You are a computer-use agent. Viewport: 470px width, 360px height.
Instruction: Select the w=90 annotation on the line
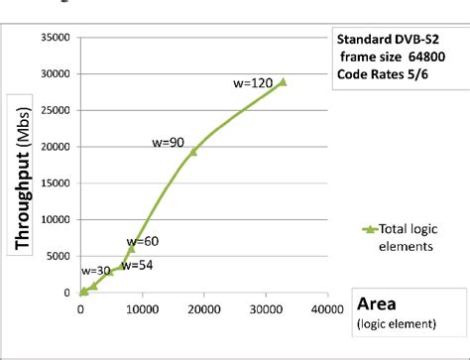click(x=171, y=143)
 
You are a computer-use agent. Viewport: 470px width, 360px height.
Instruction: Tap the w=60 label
click(x=143, y=241)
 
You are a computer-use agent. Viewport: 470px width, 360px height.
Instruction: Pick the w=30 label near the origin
click(x=95, y=271)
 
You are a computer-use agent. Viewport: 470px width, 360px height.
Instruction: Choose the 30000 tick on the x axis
click(x=265, y=308)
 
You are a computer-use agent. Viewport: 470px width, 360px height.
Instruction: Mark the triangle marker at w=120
click(x=282, y=81)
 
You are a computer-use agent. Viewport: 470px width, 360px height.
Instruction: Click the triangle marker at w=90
click(x=193, y=151)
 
